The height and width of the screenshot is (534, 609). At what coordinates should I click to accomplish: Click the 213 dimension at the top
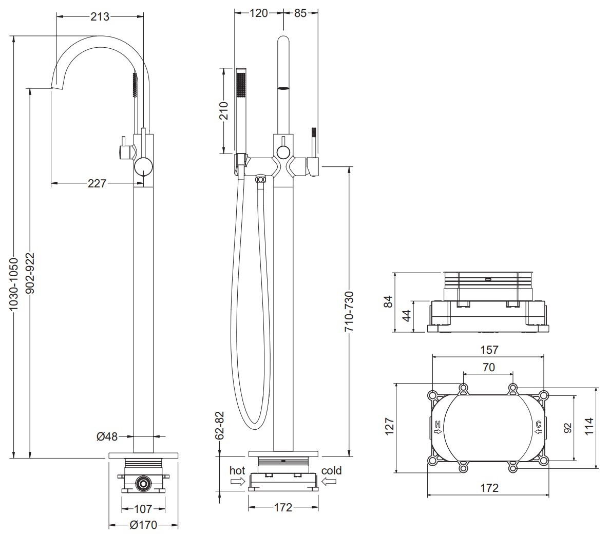(100, 16)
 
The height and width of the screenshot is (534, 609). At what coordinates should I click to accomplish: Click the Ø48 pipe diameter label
(107, 436)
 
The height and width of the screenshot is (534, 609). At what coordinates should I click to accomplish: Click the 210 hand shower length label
(223, 111)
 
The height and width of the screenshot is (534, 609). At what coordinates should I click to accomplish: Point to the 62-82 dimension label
(220, 425)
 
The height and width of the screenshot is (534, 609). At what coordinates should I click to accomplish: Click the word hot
(237, 470)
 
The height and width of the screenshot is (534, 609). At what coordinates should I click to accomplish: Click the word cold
(331, 470)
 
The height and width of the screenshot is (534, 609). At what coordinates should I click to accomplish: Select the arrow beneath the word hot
(238, 482)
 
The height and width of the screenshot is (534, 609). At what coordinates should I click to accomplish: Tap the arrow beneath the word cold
(329, 482)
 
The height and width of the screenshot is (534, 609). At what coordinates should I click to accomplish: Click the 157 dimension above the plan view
(489, 350)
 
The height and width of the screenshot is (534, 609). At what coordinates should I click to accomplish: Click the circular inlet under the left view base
(143, 484)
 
